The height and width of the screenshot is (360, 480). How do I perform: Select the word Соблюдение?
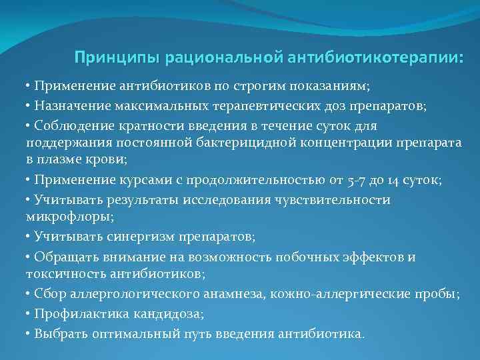(69, 125)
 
